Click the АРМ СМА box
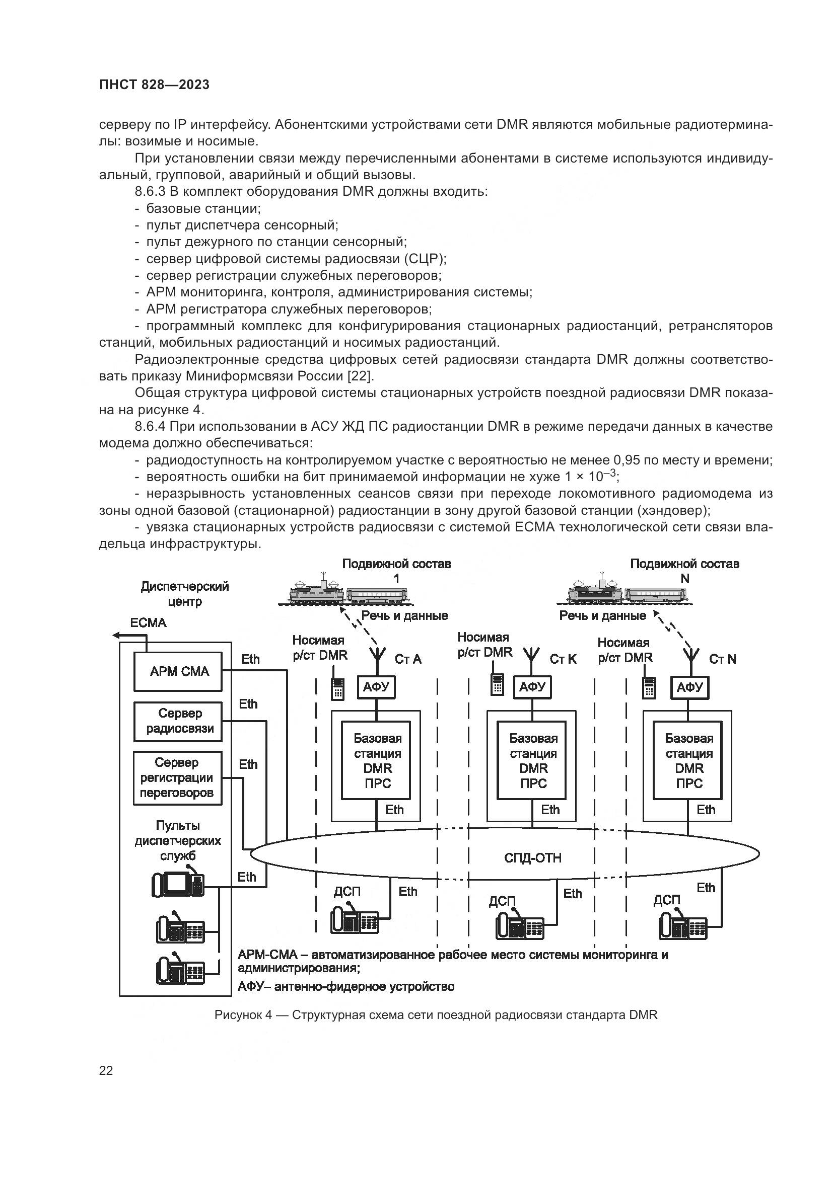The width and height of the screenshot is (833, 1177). [x=177, y=672]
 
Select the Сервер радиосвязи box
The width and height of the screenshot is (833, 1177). [x=177, y=721]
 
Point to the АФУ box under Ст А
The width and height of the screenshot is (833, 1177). [x=377, y=687]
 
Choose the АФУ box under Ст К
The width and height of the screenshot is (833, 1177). [x=532, y=687]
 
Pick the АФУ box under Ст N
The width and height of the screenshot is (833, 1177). [x=689, y=687]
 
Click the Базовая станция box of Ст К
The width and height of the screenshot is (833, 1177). [x=533, y=760]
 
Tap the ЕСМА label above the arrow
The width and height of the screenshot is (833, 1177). [x=148, y=623]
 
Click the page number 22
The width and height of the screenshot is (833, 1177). [x=106, y=1070]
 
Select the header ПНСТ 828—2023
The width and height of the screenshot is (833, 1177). [x=155, y=85]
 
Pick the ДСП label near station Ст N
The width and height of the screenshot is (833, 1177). [x=666, y=900]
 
